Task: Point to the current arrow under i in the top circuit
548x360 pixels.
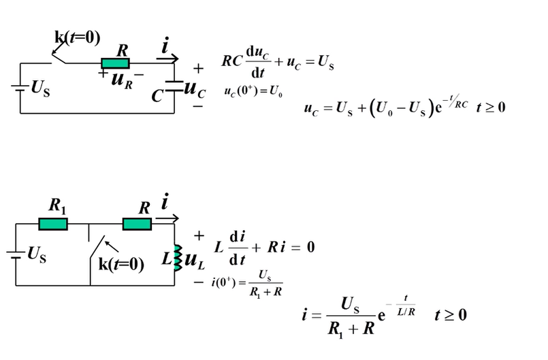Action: pos(167,60)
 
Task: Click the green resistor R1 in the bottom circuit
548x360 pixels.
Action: pos(52,224)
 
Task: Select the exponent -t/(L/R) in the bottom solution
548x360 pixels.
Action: pos(406,310)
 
